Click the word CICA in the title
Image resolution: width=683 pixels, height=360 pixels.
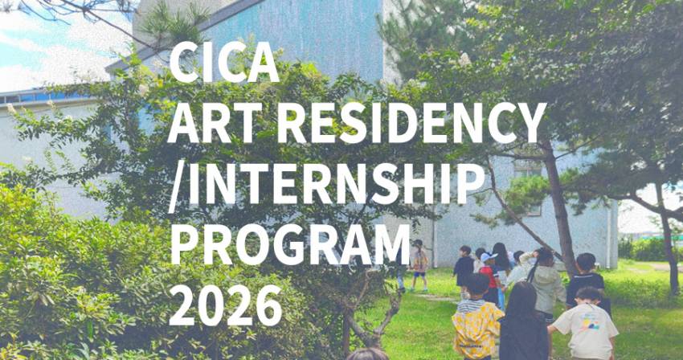[224, 63]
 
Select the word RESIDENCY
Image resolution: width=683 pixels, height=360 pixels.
[411, 123]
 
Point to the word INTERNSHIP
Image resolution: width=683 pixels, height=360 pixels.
[337, 183]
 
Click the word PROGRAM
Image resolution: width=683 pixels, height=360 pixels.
[290, 244]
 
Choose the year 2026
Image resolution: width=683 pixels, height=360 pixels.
[225, 305]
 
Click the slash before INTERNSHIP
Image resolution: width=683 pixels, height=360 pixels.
[177, 186]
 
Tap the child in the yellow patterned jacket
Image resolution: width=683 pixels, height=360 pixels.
[477, 321]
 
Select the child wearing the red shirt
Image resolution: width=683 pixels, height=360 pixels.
[490, 279]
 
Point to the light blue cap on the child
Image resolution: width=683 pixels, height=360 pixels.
[489, 256]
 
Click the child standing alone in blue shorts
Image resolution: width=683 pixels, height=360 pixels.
[419, 265]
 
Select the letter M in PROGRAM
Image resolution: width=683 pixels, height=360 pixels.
[389, 244]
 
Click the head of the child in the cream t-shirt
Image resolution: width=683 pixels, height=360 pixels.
[589, 297]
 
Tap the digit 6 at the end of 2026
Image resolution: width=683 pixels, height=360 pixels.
[268, 305]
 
